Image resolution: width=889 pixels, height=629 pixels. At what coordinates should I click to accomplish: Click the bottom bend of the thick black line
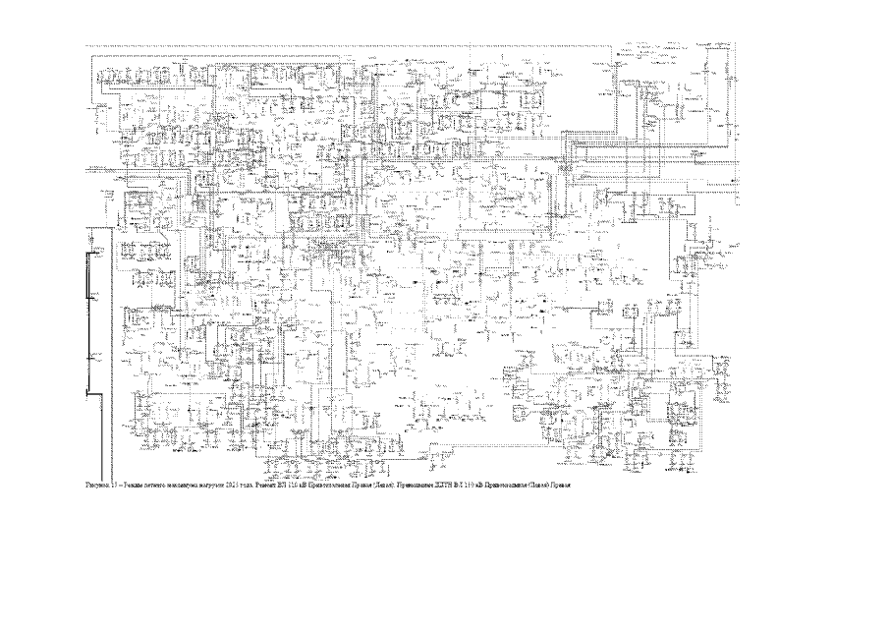(88, 392)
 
